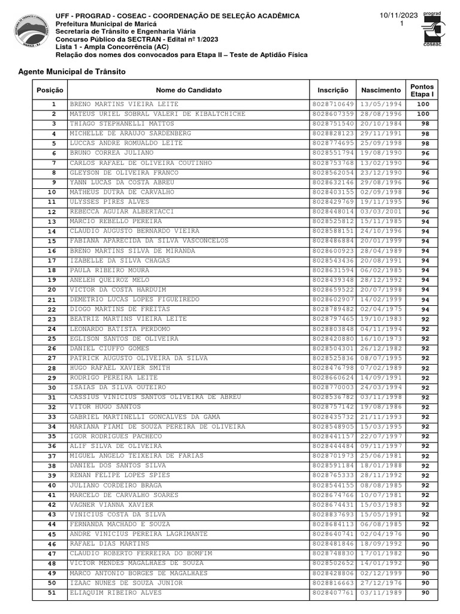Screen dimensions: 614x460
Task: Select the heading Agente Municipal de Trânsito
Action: [72, 71]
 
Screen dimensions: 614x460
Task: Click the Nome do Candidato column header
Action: [189, 90]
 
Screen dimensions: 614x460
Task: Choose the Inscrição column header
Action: [332, 90]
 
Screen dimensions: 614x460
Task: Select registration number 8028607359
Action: [333, 114]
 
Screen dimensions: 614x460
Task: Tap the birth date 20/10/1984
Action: [380, 124]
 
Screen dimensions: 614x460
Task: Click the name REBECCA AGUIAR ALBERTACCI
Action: [122, 212]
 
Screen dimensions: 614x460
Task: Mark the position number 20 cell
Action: [53, 290]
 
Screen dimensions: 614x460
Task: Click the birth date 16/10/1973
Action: [380, 339]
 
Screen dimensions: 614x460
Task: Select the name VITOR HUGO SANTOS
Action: [105, 407]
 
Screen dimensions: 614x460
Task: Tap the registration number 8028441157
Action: [333, 436]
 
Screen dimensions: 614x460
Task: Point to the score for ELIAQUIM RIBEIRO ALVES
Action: [425, 593]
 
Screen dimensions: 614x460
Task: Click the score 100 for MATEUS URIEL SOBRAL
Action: [423, 114]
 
